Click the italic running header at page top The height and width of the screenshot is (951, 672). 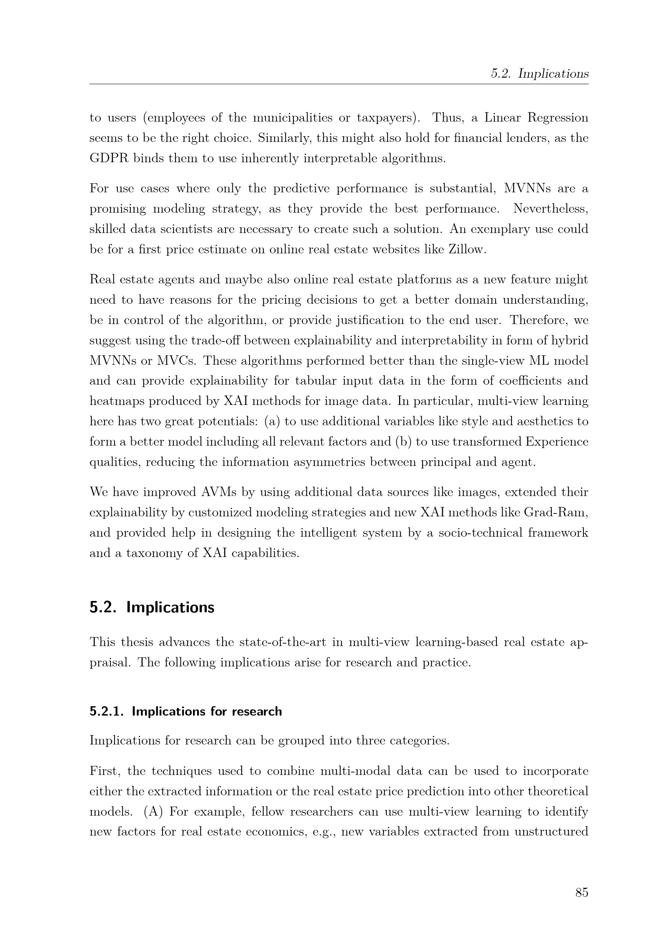(x=539, y=74)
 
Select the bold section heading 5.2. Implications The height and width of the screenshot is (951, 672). (x=152, y=607)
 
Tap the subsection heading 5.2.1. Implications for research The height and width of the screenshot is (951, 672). (x=186, y=711)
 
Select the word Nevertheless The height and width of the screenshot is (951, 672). (x=551, y=209)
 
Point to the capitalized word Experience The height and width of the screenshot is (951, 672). (x=557, y=442)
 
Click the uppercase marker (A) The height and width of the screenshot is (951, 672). (x=154, y=812)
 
